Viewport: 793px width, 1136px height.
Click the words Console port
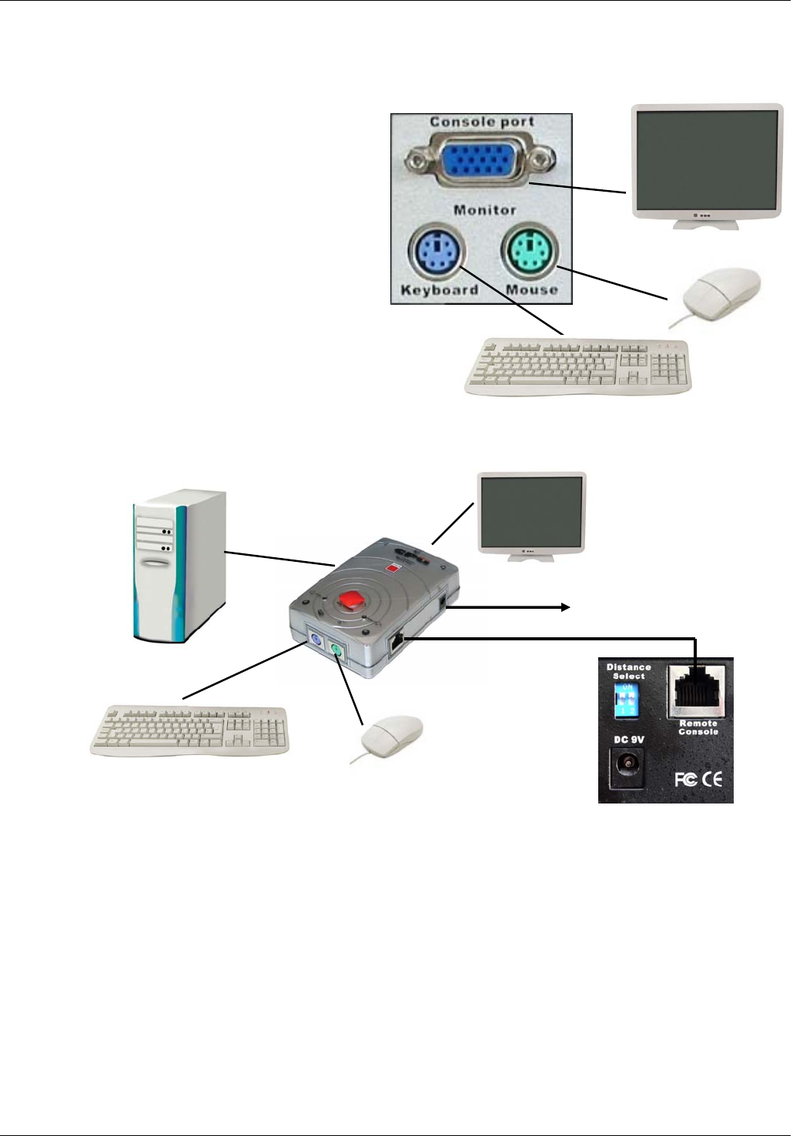(482, 122)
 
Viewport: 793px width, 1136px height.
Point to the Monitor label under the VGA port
(484, 209)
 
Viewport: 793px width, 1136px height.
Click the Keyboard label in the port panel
(440, 290)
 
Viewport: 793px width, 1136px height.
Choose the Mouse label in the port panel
(532, 290)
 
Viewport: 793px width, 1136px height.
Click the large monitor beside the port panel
(706, 163)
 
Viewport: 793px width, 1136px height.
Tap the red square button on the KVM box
(354, 598)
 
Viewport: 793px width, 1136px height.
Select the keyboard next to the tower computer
(190, 729)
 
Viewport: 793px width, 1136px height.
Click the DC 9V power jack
(628, 767)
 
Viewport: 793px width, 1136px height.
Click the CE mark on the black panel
(712, 779)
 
